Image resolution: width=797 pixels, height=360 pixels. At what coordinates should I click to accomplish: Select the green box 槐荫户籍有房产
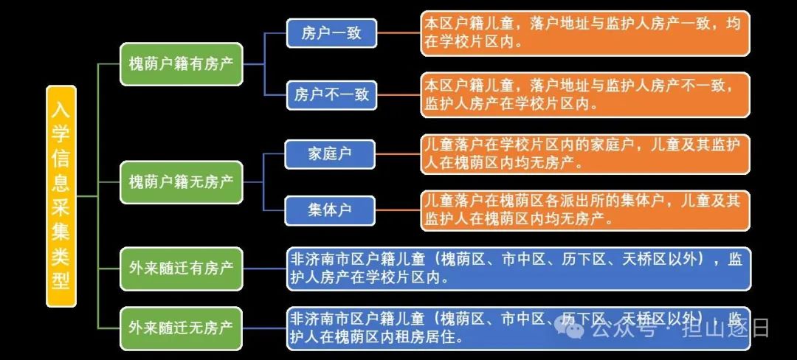[x=181, y=63]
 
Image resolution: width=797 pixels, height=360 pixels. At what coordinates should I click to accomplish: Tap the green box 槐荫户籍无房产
[x=181, y=181]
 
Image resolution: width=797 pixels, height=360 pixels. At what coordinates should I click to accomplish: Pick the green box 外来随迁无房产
[x=181, y=328]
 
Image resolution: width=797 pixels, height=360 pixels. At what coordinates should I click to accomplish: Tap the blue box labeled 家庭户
[x=329, y=154]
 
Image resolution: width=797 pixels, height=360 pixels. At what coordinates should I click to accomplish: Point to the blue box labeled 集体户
[x=329, y=210]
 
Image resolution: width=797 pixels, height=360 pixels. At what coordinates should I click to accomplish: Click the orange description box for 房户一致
[x=584, y=33]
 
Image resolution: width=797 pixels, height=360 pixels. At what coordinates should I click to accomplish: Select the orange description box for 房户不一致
[x=584, y=94]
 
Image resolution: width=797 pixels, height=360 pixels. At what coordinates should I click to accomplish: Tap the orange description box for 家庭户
[x=584, y=153]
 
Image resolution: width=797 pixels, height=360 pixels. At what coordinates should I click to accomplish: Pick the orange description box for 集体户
[x=584, y=210]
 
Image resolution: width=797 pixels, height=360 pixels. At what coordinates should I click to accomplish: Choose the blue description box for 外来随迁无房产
[x=519, y=328]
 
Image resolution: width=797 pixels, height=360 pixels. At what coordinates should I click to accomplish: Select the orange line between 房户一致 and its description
[x=398, y=33]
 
